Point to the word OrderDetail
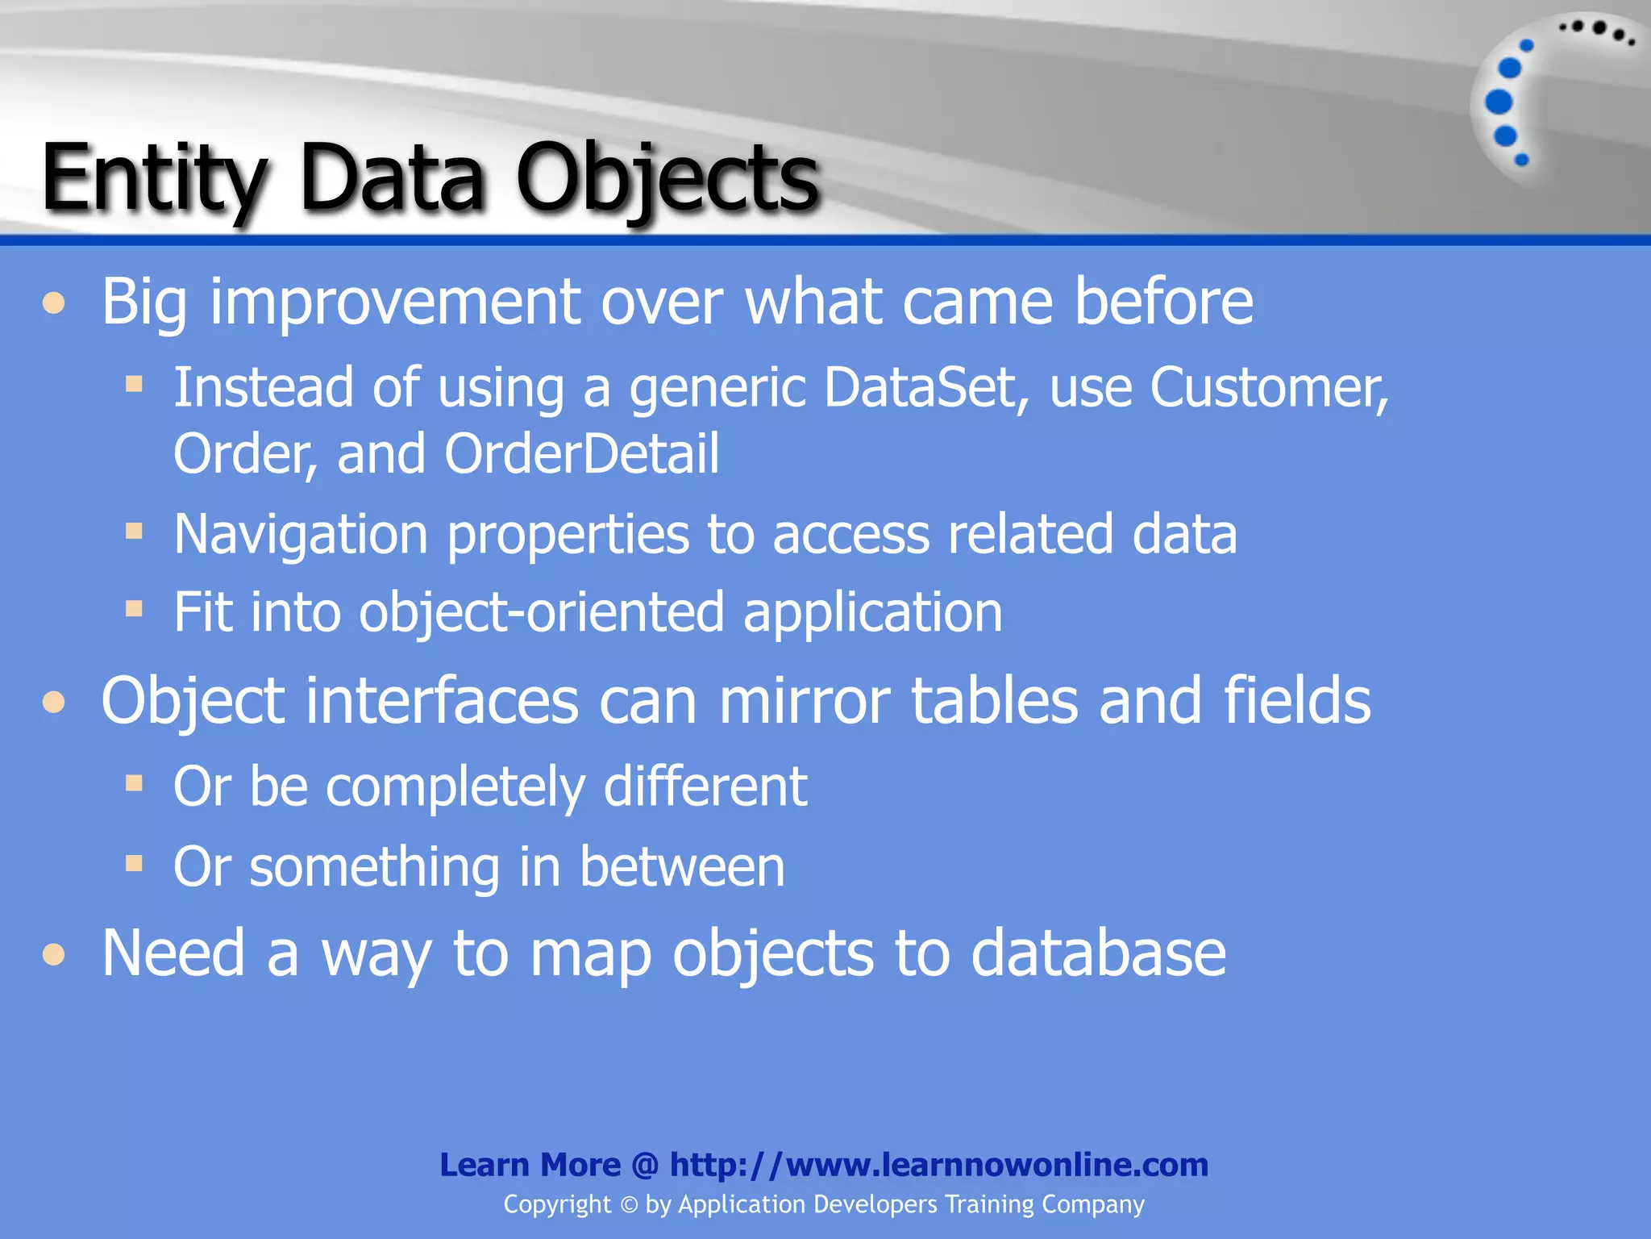581,454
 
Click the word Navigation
301,535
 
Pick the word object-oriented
541,612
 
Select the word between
682,867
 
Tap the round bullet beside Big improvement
54,304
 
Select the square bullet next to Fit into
134,608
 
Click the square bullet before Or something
134,864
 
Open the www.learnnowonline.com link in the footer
939,1165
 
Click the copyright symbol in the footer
629,1205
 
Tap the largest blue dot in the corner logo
1499,102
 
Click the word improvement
395,302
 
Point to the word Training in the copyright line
989,1204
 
